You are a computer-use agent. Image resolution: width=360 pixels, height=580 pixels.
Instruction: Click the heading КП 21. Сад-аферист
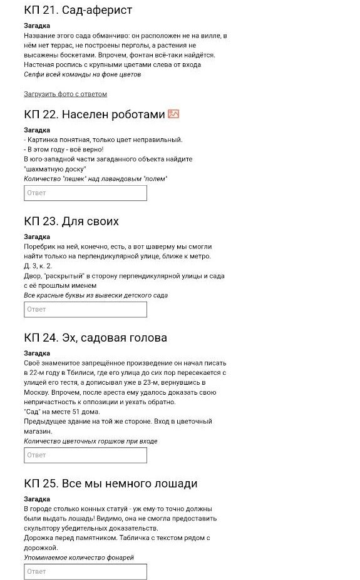click(78, 11)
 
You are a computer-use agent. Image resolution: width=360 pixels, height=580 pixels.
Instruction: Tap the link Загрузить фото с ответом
click(65, 94)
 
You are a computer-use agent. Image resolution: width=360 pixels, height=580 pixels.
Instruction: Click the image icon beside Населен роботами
click(173, 114)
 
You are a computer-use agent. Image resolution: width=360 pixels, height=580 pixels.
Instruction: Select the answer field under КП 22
click(85, 193)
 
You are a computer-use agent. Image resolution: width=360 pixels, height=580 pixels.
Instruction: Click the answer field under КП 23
click(85, 309)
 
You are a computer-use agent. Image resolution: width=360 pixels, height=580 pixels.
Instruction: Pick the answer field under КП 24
click(85, 455)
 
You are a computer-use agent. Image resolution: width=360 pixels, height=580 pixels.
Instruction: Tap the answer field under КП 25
click(85, 571)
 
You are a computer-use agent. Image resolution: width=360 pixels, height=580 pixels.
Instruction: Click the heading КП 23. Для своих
click(71, 221)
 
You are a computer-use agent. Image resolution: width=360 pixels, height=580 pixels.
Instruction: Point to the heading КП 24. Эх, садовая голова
click(95, 338)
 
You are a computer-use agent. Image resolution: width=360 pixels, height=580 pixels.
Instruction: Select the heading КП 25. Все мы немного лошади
click(110, 484)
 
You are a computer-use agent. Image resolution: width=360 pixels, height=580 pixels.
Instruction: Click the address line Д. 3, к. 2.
click(38, 266)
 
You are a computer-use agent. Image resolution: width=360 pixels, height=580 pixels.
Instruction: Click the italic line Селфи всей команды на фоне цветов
click(82, 74)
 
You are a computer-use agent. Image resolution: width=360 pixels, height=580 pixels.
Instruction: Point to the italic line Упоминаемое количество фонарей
click(79, 557)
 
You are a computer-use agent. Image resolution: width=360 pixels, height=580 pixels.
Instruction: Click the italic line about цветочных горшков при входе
click(91, 441)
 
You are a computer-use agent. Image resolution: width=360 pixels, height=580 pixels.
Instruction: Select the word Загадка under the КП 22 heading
click(37, 130)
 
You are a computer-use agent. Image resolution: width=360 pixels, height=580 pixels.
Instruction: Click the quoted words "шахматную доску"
click(55, 169)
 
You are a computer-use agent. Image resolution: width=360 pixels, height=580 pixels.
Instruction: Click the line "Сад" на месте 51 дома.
click(61, 412)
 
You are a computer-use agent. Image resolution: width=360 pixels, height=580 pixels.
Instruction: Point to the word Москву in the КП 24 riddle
click(37, 392)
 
